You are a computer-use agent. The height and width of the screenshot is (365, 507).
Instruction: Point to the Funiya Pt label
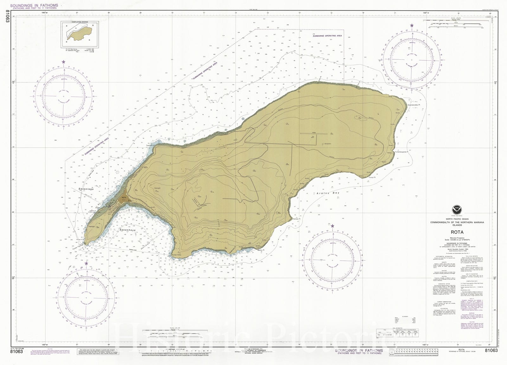point(372,178)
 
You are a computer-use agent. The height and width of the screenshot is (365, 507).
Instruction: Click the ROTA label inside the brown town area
point(124,198)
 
